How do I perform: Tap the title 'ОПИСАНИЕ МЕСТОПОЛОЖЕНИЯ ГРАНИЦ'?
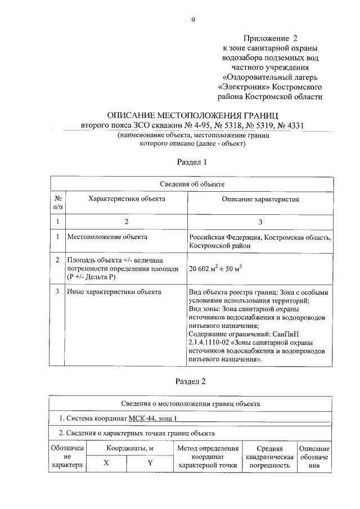pyautogui.click(x=192, y=114)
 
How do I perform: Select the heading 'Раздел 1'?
pyautogui.click(x=192, y=161)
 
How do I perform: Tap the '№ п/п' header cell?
pyautogui.click(x=58, y=203)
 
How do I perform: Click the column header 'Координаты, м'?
pyautogui.click(x=127, y=448)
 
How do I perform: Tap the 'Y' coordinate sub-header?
pyautogui.click(x=150, y=463)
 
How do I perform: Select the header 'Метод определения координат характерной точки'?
pyautogui.click(x=208, y=457)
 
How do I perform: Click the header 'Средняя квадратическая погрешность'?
pyautogui.click(x=269, y=457)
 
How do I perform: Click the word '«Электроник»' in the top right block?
pyautogui.click(x=245, y=87)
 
